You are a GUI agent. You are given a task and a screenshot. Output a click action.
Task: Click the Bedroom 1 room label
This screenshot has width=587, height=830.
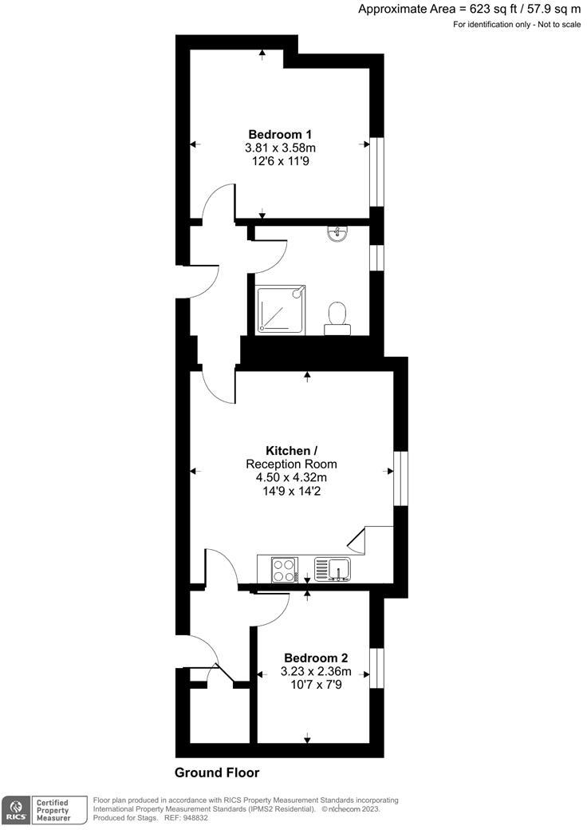[280, 134]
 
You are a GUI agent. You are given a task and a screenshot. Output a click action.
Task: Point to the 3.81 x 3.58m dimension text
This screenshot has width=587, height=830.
[280, 148]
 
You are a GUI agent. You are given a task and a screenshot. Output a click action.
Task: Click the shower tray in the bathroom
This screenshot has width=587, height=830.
[280, 310]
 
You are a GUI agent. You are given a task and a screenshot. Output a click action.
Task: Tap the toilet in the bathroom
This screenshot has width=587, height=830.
[336, 315]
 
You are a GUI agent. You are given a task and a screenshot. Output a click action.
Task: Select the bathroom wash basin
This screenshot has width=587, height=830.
[338, 233]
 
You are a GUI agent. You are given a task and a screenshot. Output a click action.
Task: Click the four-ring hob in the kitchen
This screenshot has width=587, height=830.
[284, 569]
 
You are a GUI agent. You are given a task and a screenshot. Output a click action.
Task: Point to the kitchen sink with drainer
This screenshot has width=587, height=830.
[332, 569]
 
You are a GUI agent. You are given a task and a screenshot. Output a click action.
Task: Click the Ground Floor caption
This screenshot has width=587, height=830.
[217, 773]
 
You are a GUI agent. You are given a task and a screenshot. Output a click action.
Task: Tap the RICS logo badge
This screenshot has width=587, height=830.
[14, 809]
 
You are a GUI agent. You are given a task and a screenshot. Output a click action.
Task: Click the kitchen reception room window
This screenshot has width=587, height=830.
[400, 478]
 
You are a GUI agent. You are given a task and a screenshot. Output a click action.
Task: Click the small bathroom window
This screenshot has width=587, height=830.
[376, 257]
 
